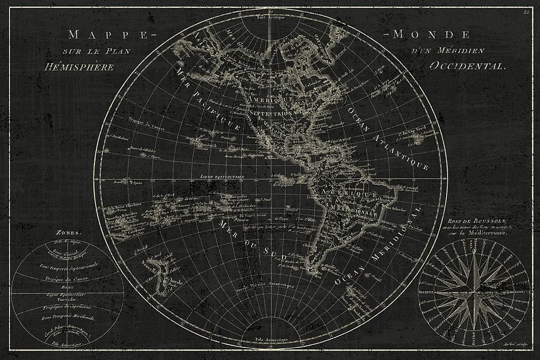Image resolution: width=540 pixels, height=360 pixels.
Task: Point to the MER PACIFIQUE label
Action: (207, 99)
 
